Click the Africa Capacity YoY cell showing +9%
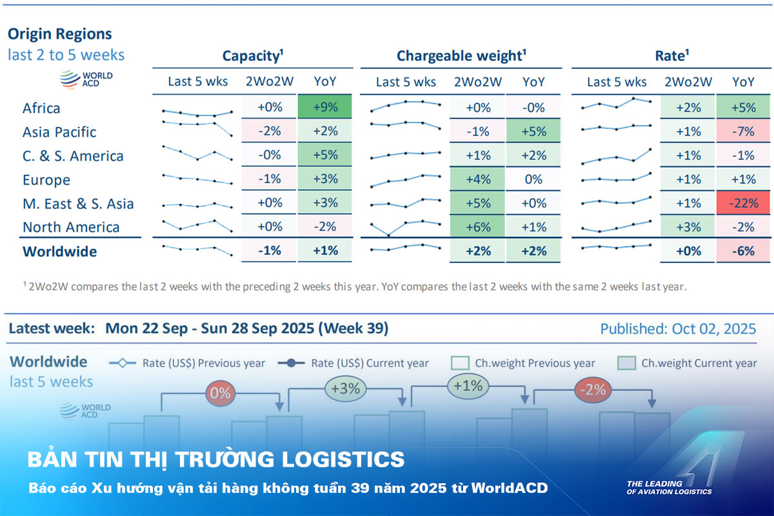coord(325,108)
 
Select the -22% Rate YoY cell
coord(743,203)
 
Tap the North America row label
coord(71,227)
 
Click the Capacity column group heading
coord(253,56)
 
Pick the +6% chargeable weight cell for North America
coord(477,227)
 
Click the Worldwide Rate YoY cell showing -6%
coord(743,251)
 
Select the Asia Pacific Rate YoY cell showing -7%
coord(743,132)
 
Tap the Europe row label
coord(46,179)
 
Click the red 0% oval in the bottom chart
coord(221,393)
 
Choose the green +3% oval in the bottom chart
coord(346,389)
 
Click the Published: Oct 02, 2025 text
coord(678,329)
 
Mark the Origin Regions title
coord(59,34)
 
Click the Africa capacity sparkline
coord(197,113)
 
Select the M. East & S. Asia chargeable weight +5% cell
coord(477,203)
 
